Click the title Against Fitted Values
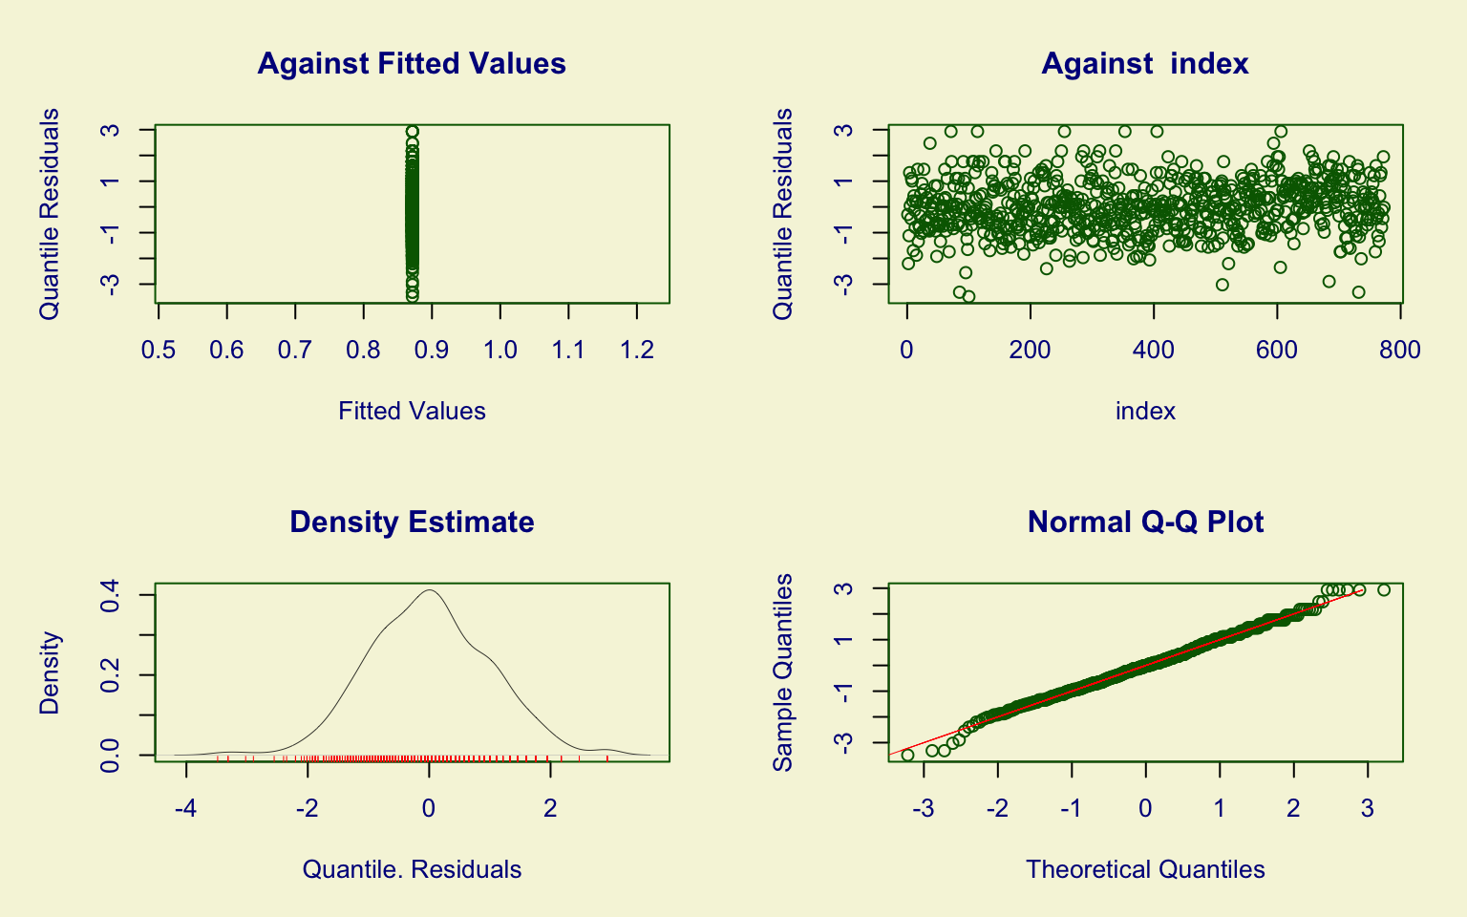(x=412, y=64)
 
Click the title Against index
(x=1144, y=64)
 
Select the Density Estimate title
(x=412, y=522)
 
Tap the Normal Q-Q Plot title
(x=1145, y=522)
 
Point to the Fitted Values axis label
(x=412, y=411)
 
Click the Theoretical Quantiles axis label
(x=1145, y=869)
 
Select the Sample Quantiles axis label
(x=783, y=672)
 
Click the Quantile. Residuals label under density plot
(x=412, y=869)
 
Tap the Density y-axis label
(x=50, y=672)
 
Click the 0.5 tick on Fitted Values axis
(x=159, y=351)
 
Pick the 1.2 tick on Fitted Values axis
(x=637, y=351)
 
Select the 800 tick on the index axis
(x=1400, y=351)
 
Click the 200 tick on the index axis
(x=1031, y=351)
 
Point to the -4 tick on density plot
(x=186, y=809)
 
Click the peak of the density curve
(x=430, y=590)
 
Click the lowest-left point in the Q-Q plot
(x=907, y=755)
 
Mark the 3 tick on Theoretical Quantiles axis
(x=1368, y=809)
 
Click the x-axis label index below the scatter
(x=1145, y=411)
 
